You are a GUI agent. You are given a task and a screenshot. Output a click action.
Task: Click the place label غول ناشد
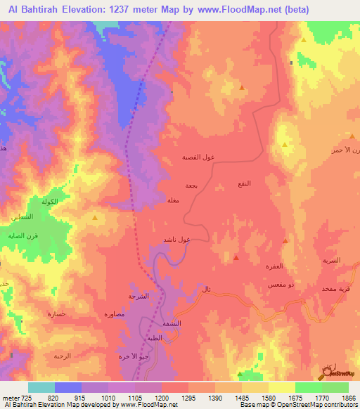pyautogui.click(x=177, y=240)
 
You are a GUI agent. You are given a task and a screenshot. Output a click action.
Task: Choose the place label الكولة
pyautogui.click(x=49, y=202)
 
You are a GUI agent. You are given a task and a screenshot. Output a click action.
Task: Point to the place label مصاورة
pyautogui.click(x=114, y=314)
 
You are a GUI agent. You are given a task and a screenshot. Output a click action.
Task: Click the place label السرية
pyautogui.click(x=330, y=260)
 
